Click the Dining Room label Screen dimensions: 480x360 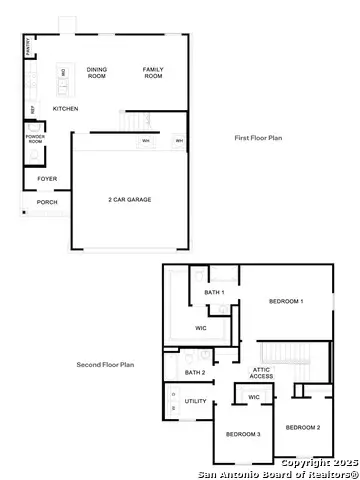coord(97,73)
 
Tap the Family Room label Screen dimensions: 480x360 coord(153,73)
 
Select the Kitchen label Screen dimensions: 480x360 coord(66,108)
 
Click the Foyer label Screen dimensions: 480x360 coord(47,179)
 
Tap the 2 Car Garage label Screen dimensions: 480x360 coord(130,201)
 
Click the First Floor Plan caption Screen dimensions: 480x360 coord(257,138)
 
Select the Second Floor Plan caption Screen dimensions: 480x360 coord(105,365)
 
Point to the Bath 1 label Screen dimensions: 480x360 coord(214,292)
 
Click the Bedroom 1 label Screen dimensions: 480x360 coord(286,301)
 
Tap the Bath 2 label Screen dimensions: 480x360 coord(195,373)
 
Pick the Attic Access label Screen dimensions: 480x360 coord(261,373)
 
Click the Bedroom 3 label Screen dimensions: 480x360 coord(243,434)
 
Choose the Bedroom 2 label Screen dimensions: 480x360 coord(303,428)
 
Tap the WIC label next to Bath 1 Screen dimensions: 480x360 coord(200,327)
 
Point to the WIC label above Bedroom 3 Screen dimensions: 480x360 coord(254,397)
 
